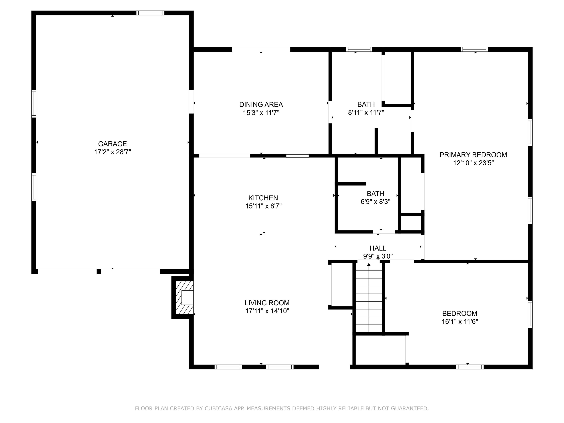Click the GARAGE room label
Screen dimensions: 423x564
pos(112,144)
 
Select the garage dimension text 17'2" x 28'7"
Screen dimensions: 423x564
pos(112,152)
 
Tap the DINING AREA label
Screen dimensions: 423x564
pos(261,105)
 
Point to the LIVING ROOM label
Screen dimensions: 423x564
pos(267,303)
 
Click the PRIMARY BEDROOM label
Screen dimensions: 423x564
pos(473,155)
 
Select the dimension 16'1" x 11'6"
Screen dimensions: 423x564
pos(460,321)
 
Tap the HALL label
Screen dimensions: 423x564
pos(378,248)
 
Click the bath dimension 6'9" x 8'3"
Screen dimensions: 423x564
pos(375,202)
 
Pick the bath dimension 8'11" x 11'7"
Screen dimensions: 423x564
pos(366,112)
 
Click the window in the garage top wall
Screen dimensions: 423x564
pos(150,13)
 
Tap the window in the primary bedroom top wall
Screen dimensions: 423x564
pos(474,49)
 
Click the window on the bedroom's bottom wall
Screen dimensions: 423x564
pos(470,367)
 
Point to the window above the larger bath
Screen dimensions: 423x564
pos(359,49)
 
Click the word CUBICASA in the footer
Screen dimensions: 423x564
pos(218,409)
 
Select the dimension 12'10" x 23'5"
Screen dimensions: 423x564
pos(473,163)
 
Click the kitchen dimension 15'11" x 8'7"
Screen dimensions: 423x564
pos(263,206)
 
